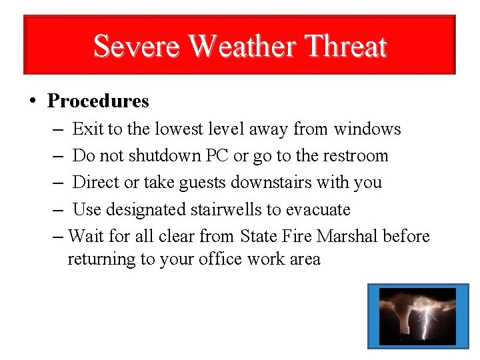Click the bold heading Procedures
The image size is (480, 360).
click(98, 101)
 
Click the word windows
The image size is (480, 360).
click(367, 129)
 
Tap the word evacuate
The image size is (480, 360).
click(318, 210)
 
